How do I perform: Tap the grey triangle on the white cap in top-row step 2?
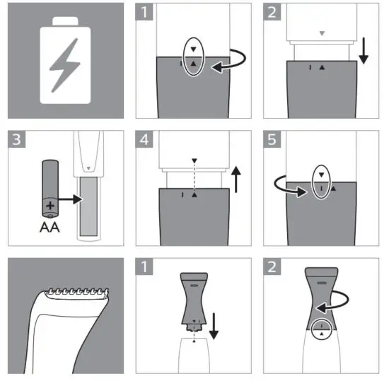[x=322, y=33]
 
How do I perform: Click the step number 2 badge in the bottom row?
[x=273, y=267]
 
